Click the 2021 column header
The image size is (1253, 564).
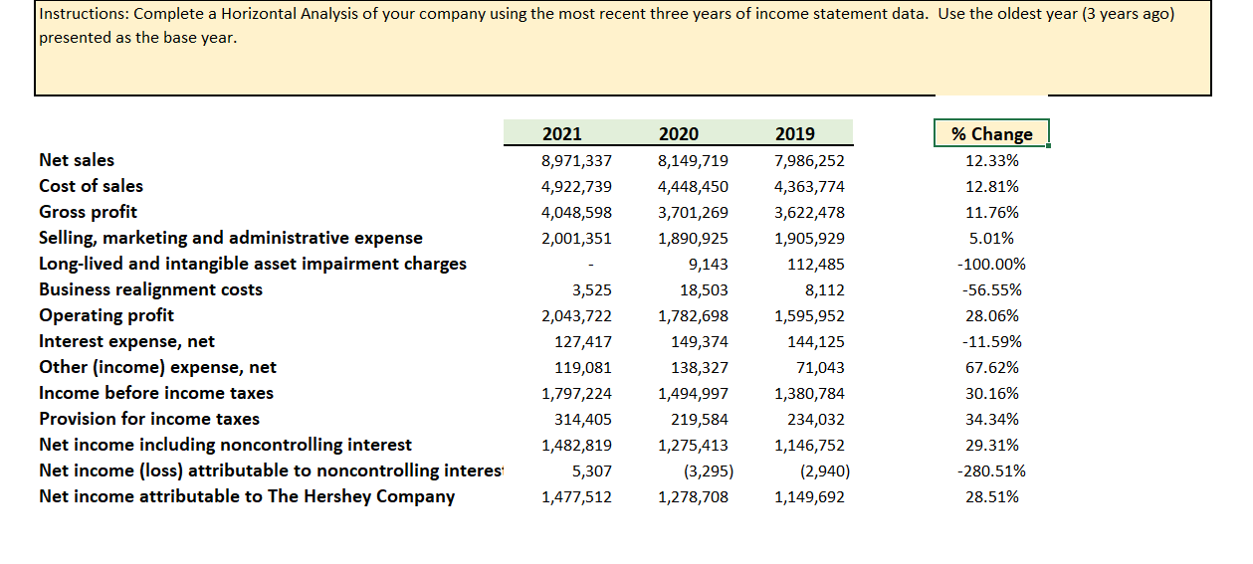562,134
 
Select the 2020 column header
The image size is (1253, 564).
679,134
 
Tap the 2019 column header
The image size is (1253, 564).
794,134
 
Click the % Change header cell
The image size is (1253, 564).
991,134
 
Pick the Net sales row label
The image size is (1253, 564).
77,160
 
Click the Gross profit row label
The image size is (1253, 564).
89,212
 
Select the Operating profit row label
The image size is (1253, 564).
106,315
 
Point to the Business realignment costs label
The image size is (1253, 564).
151,289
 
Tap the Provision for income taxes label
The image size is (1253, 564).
149,419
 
